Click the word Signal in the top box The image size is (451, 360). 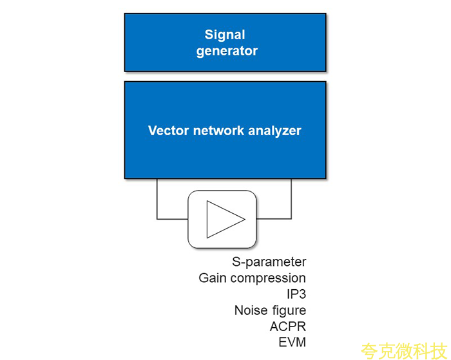[225, 35]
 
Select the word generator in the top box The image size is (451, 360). [227, 51]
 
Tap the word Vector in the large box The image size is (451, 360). [168, 131]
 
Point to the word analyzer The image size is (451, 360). [276, 131]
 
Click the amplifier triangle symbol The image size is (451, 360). [222, 219]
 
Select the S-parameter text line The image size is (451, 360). [269, 262]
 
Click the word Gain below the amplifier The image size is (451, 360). [213, 278]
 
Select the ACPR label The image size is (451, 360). [287, 326]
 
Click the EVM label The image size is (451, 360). [292, 342]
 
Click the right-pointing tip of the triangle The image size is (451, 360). [244, 219]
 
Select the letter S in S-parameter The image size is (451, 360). [236, 262]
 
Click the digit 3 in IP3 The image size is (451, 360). [302, 294]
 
